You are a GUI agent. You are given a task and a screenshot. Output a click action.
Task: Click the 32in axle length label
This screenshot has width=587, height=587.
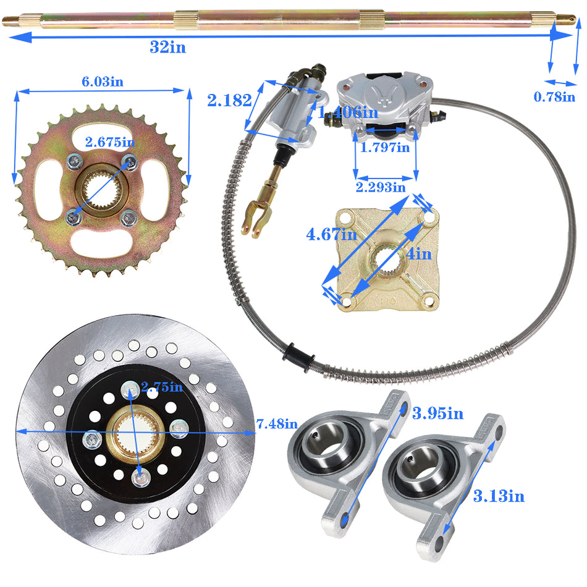[x=167, y=48]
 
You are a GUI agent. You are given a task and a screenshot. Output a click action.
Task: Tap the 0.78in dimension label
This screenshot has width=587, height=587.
[x=554, y=96]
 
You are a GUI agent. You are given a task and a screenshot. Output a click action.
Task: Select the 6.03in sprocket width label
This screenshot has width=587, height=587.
[x=103, y=82]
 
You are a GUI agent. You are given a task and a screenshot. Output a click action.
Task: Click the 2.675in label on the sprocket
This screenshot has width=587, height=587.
[x=111, y=142]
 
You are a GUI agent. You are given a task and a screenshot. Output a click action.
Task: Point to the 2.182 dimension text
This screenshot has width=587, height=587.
[x=229, y=100]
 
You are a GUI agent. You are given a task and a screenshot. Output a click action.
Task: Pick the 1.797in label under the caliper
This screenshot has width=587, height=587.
[x=385, y=147]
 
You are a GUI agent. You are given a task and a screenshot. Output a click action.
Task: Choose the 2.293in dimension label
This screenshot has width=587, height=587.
[x=381, y=186]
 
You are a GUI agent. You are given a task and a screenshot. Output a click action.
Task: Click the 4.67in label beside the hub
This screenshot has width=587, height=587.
[x=331, y=235]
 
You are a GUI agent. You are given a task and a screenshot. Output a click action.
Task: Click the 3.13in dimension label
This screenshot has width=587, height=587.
[x=499, y=495]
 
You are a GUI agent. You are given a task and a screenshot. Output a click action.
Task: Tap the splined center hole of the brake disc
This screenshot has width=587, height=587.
[x=137, y=432]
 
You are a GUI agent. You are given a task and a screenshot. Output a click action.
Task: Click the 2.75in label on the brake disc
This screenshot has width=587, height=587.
[x=162, y=387]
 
